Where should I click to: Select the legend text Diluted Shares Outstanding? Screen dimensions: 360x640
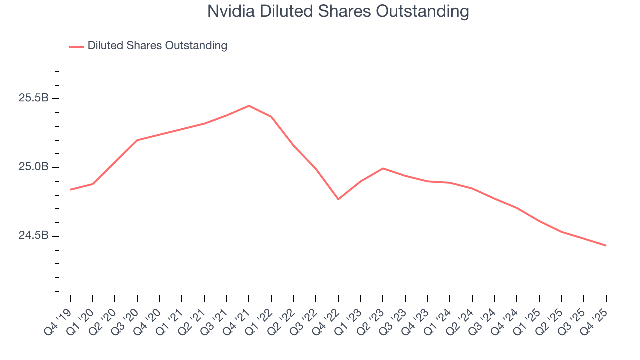click(157, 46)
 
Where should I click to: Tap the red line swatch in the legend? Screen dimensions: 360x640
click(76, 46)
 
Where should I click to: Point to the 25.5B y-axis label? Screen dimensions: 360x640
click(34, 98)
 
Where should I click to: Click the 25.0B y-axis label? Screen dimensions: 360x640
click(34, 167)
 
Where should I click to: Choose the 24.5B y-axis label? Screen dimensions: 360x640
click(34, 235)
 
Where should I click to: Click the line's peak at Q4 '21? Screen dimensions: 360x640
click(249, 106)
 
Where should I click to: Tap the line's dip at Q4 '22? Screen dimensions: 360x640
click(338, 199)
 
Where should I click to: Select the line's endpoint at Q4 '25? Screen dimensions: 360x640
click(606, 245)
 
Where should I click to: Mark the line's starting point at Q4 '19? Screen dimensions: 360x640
click(70, 190)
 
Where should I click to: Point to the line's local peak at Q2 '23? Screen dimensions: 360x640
click(383, 168)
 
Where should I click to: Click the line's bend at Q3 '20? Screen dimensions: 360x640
click(137, 140)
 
